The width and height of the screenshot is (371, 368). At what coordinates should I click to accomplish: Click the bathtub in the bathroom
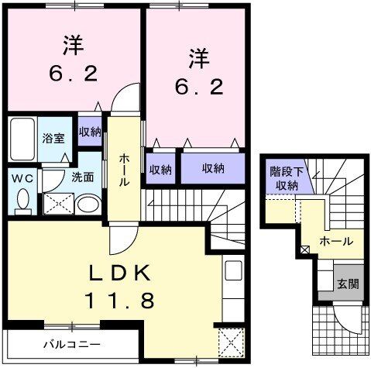(x=22, y=139)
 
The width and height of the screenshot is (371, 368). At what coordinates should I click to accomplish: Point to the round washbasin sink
(x=88, y=204)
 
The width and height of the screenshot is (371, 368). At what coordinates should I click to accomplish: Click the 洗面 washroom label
(x=83, y=177)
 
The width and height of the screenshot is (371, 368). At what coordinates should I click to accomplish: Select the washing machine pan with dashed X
(x=57, y=204)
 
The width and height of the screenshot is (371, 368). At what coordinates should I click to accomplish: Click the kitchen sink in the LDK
(x=233, y=272)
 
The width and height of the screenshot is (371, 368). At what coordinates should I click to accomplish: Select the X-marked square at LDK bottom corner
(x=230, y=341)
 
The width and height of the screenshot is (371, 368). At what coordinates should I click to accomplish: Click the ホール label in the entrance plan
(x=336, y=241)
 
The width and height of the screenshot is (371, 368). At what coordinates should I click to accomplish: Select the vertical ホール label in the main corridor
(x=124, y=168)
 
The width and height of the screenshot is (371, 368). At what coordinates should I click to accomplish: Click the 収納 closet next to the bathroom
(x=89, y=131)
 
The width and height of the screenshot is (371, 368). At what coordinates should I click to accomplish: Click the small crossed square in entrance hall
(x=304, y=249)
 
